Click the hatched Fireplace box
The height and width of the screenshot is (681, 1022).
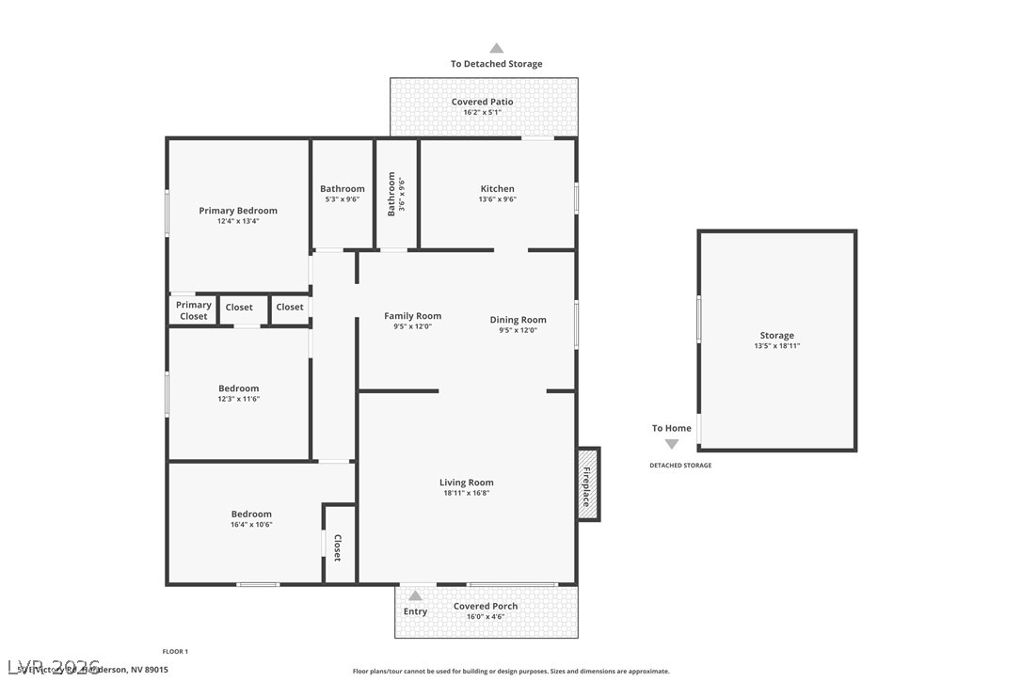(587, 484)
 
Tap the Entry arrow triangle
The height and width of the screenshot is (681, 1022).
(415, 595)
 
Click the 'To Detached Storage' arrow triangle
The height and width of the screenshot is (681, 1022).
(496, 48)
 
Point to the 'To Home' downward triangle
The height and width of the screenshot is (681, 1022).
(671, 444)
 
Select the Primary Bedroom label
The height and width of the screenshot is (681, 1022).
(238, 211)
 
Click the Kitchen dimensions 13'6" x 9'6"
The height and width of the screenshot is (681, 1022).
(498, 199)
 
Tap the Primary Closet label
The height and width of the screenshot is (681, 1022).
(194, 310)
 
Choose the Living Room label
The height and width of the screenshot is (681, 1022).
(466, 483)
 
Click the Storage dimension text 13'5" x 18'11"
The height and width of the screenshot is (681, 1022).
(776, 346)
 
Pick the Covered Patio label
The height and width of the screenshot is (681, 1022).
(482, 102)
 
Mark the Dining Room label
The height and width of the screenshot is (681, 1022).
(518, 320)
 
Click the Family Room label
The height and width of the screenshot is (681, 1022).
(412, 316)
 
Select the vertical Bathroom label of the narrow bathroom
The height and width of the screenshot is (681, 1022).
(391, 194)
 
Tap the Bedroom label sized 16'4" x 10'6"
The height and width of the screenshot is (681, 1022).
(251, 514)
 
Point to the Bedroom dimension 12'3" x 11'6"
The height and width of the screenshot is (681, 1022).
(238, 399)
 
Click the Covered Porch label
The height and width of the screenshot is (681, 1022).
(486, 606)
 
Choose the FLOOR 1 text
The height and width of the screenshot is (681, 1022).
(175, 651)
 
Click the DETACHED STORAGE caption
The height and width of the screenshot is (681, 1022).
(680, 466)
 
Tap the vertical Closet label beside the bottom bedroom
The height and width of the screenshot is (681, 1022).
(337, 549)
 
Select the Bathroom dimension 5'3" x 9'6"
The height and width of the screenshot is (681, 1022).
(343, 199)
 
